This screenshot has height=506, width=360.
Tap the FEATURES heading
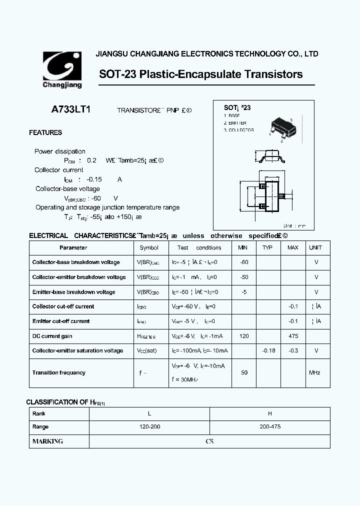45,132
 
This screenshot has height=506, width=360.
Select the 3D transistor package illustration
280,128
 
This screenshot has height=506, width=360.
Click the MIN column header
243,247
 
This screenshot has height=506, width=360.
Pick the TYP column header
267,247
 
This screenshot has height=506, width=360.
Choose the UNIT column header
315,247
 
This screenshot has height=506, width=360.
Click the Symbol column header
149,247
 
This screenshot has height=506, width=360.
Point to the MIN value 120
244,336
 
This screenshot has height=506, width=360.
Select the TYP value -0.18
269,350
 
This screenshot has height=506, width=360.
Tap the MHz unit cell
314,372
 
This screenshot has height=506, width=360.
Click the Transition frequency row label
58,372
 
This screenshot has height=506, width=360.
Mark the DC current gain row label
52,336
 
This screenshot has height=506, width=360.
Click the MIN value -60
244,262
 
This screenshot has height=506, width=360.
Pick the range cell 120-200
149,427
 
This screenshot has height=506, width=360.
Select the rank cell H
270,413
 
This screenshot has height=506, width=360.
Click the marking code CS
209,441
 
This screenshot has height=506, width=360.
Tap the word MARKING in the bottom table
47,441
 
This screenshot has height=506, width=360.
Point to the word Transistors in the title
273,74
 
